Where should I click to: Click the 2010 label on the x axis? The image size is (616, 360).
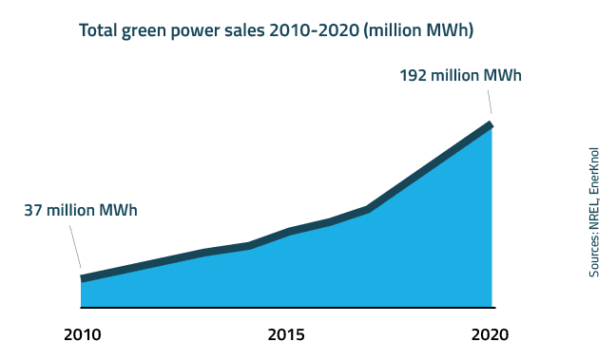pyautogui.click(x=82, y=334)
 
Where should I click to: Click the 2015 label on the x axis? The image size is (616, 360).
pyautogui.click(x=286, y=334)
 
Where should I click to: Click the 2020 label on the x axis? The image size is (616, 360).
pyautogui.click(x=491, y=334)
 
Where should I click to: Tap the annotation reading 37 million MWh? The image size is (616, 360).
pyautogui.click(x=81, y=210)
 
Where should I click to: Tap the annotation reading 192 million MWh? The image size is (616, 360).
pyautogui.click(x=461, y=75)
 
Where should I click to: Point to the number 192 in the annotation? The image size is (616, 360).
pyautogui.click(x=414, y=75)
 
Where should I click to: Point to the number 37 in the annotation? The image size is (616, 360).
pyautogui.click(x=33, y=210)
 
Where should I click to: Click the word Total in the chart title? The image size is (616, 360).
pyautogui.click(x=99, y=30)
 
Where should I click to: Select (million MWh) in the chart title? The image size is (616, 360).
pyautogui.click(x=418, y=30)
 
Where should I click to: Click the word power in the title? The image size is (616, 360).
pyautogui.click(x=200, y=30)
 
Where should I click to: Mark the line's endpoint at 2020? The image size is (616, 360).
pyautogui.click(x=491, y=123)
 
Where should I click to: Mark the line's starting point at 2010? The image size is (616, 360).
pyautogui.click(x=82, y=278)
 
